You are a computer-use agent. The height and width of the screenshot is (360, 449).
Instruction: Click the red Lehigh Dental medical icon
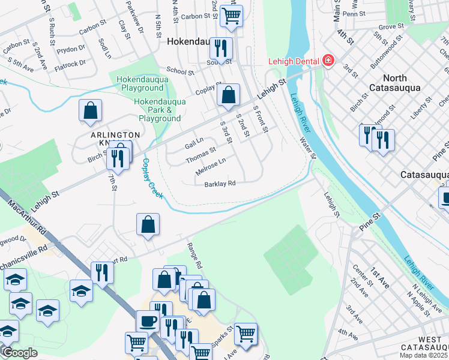[328, 61]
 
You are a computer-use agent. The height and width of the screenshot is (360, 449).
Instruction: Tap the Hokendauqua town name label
[190, 42]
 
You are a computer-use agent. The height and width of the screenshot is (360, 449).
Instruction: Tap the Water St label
[308, 148]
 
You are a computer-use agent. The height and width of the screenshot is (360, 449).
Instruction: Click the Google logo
[19, 353]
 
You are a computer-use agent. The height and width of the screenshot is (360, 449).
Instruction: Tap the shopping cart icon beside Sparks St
[246, 333]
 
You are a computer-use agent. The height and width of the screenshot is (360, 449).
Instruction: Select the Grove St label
[391, 27]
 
